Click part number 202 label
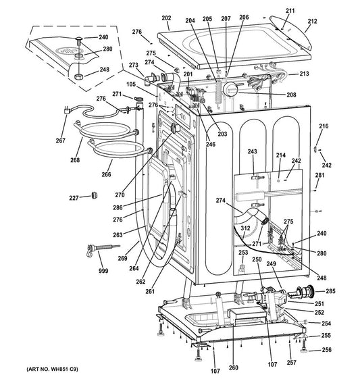click(x=166, y=18)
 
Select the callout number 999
click(x=103, y=271)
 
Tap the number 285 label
click(x=330, y=291)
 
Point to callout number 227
click(x=74, y=198)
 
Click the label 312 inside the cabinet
click(x=245, y=228)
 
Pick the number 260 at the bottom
click(x=233, y=367)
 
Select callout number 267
click(x=61, y=141)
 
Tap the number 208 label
click(x=291, y=95)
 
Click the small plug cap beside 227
click(x=95, y=195)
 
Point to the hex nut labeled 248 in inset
click(x=78, y=77)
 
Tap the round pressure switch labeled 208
click(x=230, y=89)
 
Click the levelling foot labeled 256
click(x=304, y=346)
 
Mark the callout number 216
click(x=324, y=126)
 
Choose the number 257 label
click(x=292, y=363)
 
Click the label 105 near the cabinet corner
click(x=131, y=84)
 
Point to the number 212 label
click(x=312, y=21)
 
